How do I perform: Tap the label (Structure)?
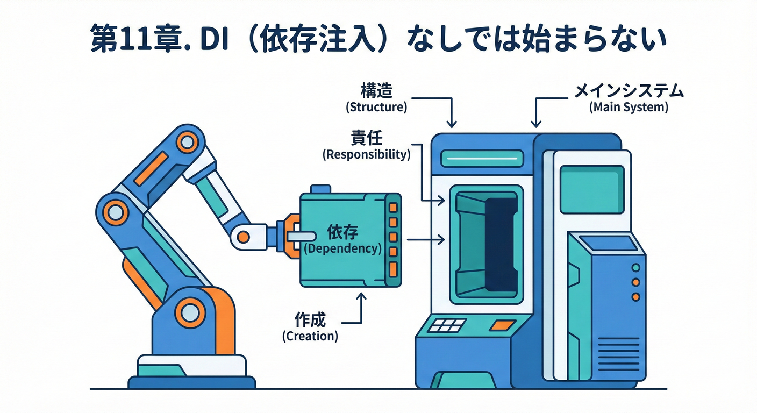pos(376,106)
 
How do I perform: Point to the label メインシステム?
pos(629,91)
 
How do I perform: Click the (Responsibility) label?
pos(366,155)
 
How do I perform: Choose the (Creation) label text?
pos(310,336)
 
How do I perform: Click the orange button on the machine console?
pos(502,325)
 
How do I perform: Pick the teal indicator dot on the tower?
pos(636,268)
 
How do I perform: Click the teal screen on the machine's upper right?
pos(591,189)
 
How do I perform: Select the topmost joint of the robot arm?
pos(187,142)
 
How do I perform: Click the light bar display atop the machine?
pos(482,158)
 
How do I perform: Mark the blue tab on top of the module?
pos(320,189)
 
